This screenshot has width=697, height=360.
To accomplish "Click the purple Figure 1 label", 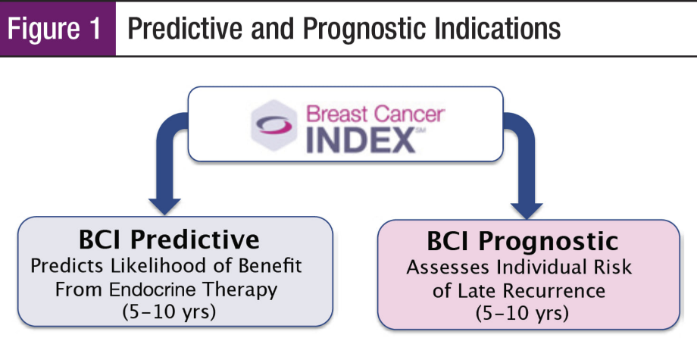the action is (58, 29).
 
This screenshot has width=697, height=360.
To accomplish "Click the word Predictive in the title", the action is (185, 29).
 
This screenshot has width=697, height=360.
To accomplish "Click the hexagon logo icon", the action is (273, 125).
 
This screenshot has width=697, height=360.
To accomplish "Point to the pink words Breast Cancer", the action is (375, 114).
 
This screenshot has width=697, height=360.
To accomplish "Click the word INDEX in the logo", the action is (361, 139).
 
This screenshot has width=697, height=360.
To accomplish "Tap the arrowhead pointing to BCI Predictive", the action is (164, 206).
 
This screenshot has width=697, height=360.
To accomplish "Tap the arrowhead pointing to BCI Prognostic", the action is (527, 210).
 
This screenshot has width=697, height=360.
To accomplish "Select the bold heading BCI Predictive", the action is (170, 239).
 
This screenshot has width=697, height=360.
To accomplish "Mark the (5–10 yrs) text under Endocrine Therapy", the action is (169, 312).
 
